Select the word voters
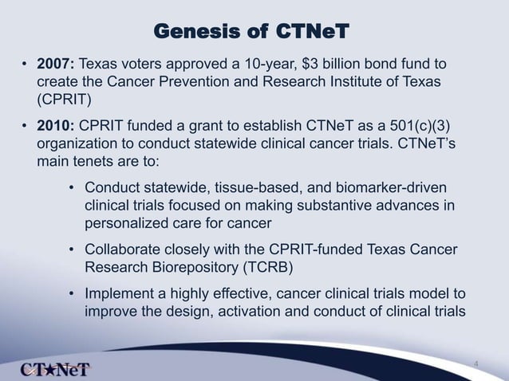point(152,64)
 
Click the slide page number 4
point(476,365)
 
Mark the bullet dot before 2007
point(25,65)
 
